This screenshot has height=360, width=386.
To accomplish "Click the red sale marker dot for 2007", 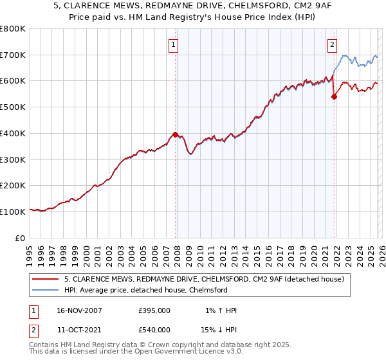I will click(175, 135).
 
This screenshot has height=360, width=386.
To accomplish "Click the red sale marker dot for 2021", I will click(334, 97).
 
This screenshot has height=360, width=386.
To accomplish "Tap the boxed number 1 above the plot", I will click(174, 45).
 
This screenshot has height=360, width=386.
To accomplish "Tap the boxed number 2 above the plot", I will click(332, 45).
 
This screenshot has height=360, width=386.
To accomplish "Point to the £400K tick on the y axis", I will click(13, 133).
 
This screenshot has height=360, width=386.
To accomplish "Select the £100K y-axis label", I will click(13, 212).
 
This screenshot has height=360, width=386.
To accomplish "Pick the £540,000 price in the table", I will click(154, 330).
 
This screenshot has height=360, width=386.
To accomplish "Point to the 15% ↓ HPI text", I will click(219, 330).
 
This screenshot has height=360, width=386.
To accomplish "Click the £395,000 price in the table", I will click(154, 310).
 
